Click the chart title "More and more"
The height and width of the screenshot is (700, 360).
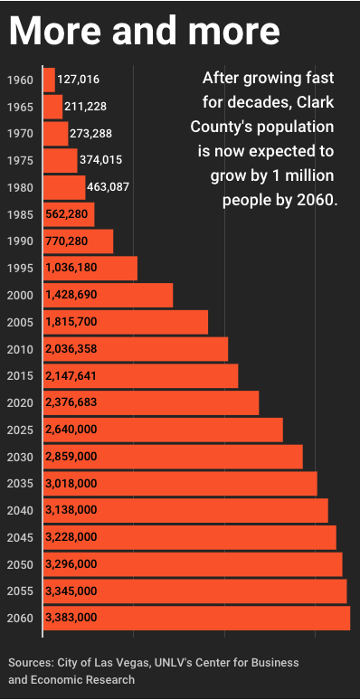click(x=144, y=31)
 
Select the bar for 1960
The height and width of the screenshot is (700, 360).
click(x=49, y=80)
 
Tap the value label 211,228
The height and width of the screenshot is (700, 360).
click(x=85, y=107)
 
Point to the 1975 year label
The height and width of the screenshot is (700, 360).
click(x=20, y=161)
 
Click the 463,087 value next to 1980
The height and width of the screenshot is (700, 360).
click(x=108, y=187)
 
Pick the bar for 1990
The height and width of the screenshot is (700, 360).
click(x=78, y=241)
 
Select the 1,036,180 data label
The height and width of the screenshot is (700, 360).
click(x=71, y=268)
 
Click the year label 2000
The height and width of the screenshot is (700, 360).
click(x=20, y=295)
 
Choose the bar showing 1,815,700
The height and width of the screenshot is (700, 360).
click(x=126, y=322)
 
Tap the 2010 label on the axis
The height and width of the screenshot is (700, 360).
click(x=20, y=349)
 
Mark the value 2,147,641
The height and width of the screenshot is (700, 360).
click(x=71, y=376)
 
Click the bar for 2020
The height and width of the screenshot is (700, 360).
click(x=151, y=402)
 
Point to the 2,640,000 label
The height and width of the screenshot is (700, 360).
click(x=71, y=430)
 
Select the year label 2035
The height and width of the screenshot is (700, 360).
click(x=20, y=484)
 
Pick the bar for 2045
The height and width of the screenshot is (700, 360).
click(x=190, y=537)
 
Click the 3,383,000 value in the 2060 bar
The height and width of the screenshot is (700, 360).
click(x=71, y=618)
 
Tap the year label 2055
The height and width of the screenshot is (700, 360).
click(x=20, y=591)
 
